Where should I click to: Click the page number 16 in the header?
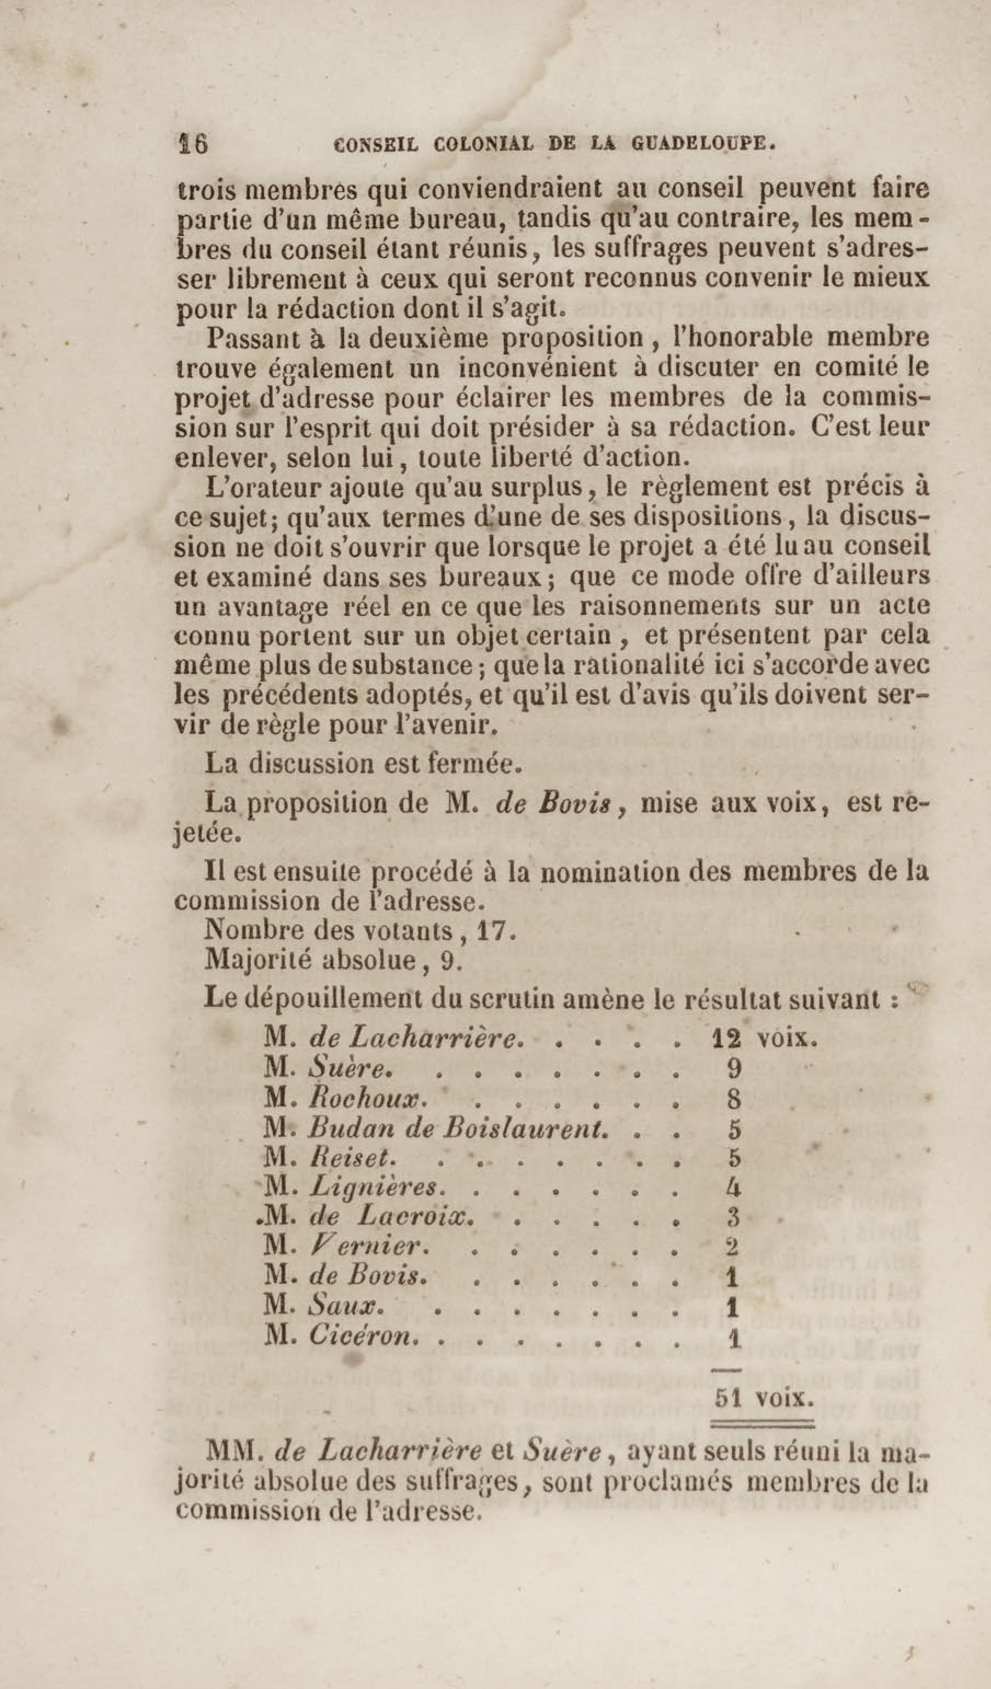193,144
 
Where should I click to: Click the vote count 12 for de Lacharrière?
725,1039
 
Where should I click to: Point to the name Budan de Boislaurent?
458,1129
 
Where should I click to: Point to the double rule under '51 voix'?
763,1420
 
